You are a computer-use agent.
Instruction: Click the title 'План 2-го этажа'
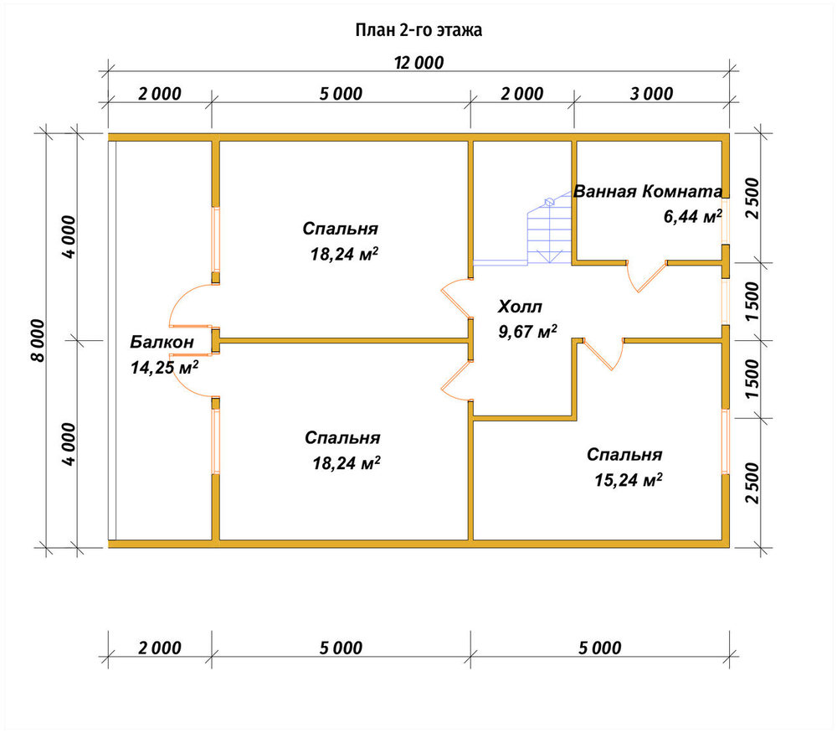click(418, 30)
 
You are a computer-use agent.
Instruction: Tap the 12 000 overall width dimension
click(419, 63)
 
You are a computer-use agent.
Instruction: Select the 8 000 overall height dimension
click(39, 341)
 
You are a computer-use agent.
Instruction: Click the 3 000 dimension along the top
click(651, 94)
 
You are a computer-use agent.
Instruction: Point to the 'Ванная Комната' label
click(648, 191)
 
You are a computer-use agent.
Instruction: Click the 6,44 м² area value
click(692, 216)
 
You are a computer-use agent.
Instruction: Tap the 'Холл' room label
click(520, 307)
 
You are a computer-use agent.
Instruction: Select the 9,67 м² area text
click(527, 331)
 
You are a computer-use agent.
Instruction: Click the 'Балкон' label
click(162, 342)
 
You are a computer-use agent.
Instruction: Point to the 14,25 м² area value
click(164, 367)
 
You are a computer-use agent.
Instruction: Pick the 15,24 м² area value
click(629, 479)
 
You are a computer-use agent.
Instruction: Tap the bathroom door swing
click(646, 276)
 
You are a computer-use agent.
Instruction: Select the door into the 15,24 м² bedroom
click(603, 354)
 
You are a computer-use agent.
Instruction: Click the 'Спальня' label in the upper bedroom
click(340, 229)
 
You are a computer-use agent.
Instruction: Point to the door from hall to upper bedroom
click(454, 297)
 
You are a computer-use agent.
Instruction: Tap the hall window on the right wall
click(726, 302)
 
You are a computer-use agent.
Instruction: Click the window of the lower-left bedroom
click(216, 441)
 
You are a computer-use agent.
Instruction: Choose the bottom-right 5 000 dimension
click(600, 648)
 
